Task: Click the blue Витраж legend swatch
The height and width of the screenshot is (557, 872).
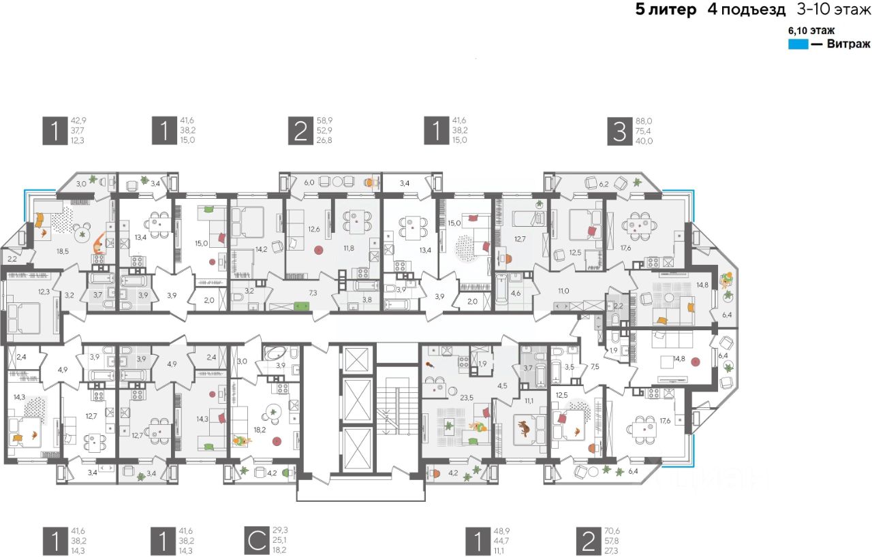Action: click(798, 44)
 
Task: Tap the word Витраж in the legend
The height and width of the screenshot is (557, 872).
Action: click(848, 44)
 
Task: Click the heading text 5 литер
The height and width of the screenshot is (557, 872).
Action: click(666, 10)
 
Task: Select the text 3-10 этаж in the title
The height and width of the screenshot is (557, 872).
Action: click(834, 10)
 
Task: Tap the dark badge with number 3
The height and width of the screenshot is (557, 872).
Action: click(619, 131)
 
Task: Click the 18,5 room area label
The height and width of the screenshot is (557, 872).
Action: click(63, 251)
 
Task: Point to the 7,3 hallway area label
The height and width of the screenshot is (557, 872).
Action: click(313, 291)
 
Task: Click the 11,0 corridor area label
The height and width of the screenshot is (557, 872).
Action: click(563, 291)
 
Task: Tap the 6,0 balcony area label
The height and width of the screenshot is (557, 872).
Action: click(309, 182)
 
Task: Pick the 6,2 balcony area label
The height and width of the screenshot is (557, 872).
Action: click(604, 184)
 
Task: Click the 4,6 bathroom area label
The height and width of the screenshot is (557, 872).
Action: click(516, 293)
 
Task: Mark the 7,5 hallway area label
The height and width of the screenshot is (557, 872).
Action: click(595, 366)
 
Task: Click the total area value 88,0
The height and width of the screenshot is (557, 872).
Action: click(645, 120)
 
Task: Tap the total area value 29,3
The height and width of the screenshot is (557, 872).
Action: click(280, 530)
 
